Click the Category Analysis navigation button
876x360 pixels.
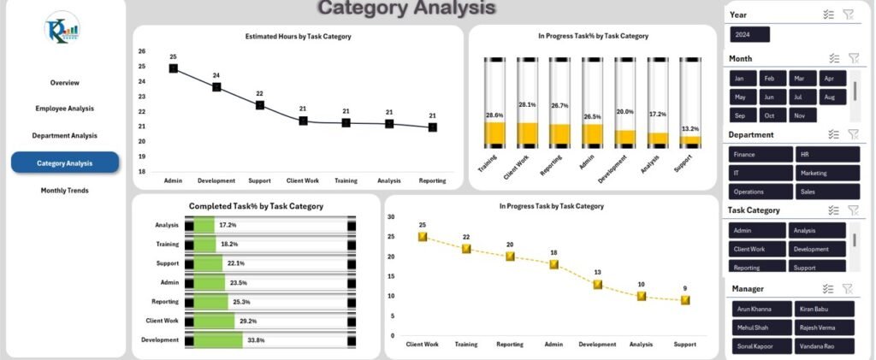tap(65, 162)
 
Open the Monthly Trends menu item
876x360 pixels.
tap(65, 190)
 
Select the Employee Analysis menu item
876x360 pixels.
tap(65, 109)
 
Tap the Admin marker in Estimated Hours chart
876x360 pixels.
tap(174, 68)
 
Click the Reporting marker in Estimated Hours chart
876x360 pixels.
tap(433, 127)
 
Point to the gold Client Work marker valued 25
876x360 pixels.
tap(423, 237)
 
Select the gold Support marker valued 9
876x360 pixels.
tap(685, 300)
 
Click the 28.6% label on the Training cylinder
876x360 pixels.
tap(494, 115)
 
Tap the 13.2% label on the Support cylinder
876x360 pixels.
tap(690, 129)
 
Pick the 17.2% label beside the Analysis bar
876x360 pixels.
tap(228, 225)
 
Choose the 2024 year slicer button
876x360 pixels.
tap(749, 35)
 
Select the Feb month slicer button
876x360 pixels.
tap(771, 78)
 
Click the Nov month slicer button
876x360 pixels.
tap(800, 115)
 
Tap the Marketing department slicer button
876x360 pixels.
tap(826, 173)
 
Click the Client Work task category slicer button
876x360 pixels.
tap(756, 249)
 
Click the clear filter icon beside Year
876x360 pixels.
tap(849, 15)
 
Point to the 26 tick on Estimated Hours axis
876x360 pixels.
tap(142, 51)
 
